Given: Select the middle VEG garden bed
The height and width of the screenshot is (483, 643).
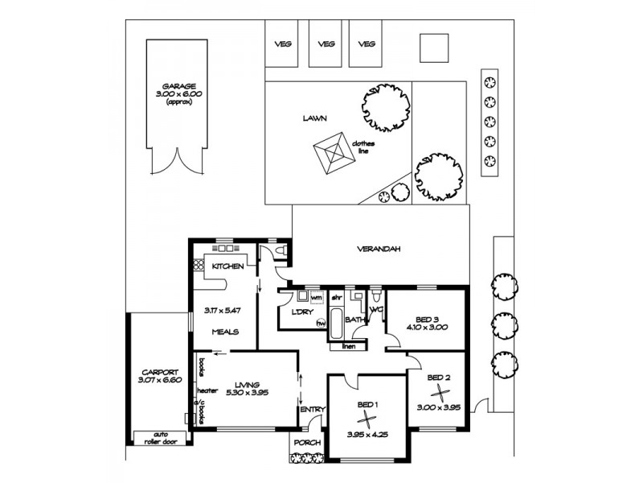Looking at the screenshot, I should coord(326,44).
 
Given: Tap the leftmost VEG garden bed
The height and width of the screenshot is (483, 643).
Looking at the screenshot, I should coord(282,44).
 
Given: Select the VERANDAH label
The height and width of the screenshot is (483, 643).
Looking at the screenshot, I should coord(379,250).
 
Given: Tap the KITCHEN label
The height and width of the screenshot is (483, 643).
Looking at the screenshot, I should coord(228,266).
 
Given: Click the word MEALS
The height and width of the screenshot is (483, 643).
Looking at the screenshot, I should coord(223,330).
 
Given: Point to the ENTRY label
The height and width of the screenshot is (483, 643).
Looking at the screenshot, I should coord(313,410).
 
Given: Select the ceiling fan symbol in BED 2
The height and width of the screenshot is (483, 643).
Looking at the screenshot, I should coord(439,391).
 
